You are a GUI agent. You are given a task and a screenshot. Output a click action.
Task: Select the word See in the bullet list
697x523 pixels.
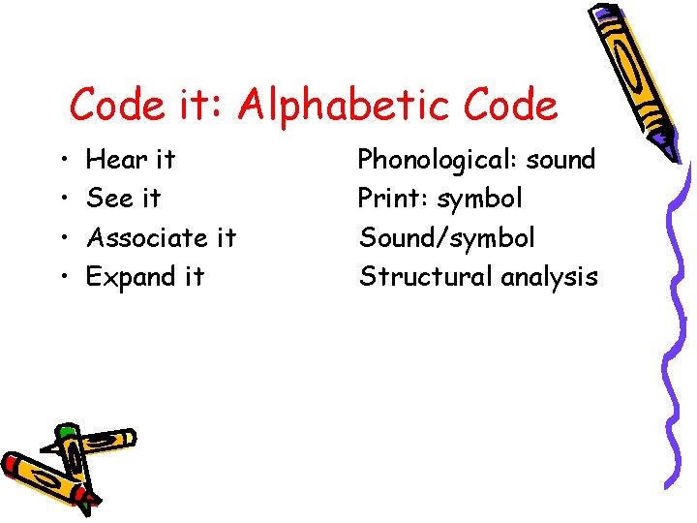pyautogui.click(x=110, y=199)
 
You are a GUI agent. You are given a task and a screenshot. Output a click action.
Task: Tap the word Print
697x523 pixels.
pyautogui.click(x=393, y=199)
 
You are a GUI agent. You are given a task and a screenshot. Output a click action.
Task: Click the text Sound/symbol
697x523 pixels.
pyautogui.click(x=446, y=237)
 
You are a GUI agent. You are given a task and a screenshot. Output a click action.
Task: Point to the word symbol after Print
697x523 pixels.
pyautogui.click(x=479, y=199)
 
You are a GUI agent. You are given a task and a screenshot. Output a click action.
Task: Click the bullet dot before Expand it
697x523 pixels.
pyautogui.click(x=61, y=278)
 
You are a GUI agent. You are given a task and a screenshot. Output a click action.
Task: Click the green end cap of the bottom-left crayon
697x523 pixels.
pyautogui.click(x=66, y=432)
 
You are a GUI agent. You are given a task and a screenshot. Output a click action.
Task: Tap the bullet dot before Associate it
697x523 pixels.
pyautogui.click(x=61, y=238)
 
